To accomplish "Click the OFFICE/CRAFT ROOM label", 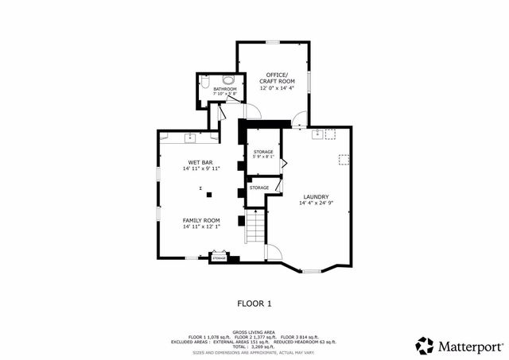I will click(x=276, y=78).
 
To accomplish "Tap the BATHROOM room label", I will click(x=224, y=89).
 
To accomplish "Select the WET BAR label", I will click(x=200, y=162).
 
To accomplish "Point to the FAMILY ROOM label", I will click(x=200, y=220).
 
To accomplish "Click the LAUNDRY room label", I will click(x=316, y=197).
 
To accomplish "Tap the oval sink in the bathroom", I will click(x=228, y=79).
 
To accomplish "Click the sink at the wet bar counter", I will click(x=191, y=138).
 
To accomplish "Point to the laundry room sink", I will click(x=317, y=134).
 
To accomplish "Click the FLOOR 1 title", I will click(x=254, y=303).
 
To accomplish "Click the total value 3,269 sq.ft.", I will click(x=262, y=347).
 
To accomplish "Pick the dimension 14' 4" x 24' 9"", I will click(x=316, y=203).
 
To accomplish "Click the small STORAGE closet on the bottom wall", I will click(x=219, y=257).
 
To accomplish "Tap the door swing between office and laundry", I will click(x=297, y=121).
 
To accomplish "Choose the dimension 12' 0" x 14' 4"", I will click(x=276, y=87).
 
